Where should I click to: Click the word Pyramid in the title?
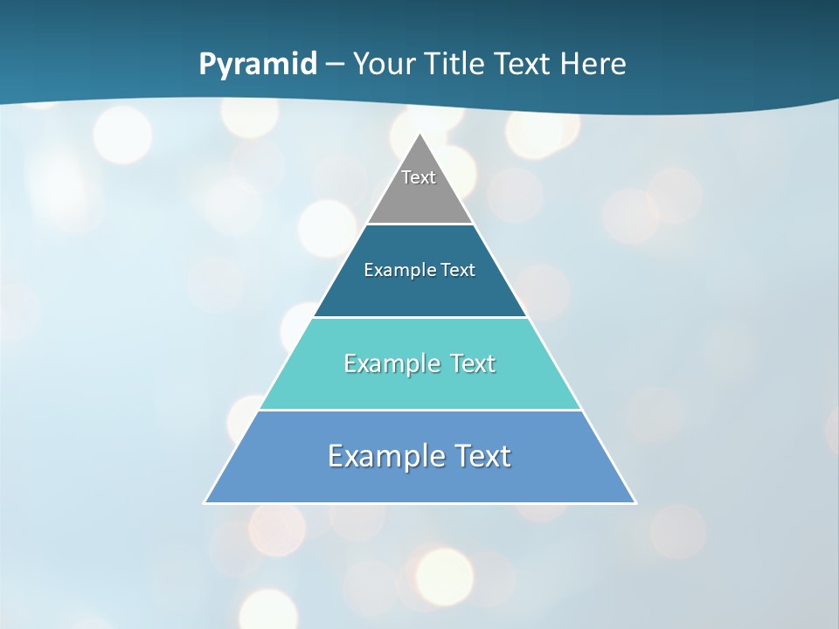(x=258, y=65)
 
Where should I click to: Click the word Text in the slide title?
(x=524, y=64)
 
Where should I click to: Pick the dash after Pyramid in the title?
(x=335, y=65)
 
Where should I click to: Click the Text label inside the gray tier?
(x=419, y=177)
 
